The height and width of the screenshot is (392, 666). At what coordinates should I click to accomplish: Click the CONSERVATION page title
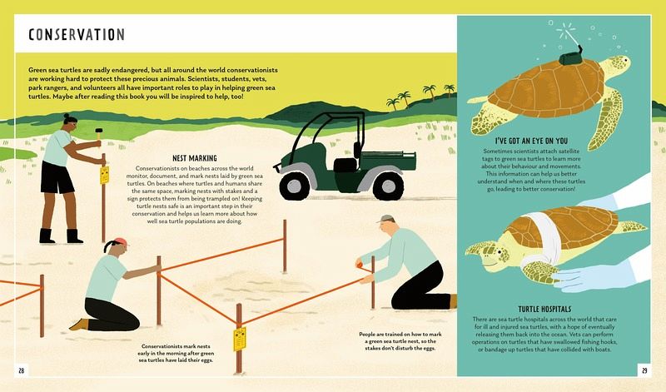pyautogui.click(x=77, y=34)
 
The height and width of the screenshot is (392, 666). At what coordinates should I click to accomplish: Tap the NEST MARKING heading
pyautogui.click(x=195, y=158)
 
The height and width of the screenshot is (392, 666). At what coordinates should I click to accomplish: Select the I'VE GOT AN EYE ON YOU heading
pyautogui.click(x=531, y=141)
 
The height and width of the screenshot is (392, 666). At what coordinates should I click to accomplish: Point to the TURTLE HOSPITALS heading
pyautogui.click(x=544, y=309)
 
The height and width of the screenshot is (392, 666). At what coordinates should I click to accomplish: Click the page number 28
pyautogui.click(x=22, y=370)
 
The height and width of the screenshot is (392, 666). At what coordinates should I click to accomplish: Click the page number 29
pyautogui.click(x=644, y=370)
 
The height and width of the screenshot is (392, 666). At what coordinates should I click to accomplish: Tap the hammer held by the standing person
pyautogui.click(x=99, y=133)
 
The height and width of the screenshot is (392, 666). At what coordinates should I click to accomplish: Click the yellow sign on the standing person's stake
pyautogui.click(x=105, y=176)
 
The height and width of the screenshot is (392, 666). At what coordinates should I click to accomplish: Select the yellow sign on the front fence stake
pyautogui.click(x=240, y=339)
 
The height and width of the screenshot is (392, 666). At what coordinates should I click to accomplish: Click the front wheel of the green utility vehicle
pyautogui.click(x=295, y=186)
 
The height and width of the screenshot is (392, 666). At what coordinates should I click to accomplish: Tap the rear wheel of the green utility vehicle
pyautogui.click(x=388, y=186)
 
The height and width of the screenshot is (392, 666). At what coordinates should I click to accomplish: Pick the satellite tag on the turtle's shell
pyautogui.click(x=570, y=57)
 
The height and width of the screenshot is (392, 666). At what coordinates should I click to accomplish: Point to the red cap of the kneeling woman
pyautogui.click(x=121, y=242)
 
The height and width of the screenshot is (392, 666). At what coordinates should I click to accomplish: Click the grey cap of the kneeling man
pyautogui.click(x=386, y=219)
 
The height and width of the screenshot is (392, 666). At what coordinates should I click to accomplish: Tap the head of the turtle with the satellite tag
pyautogui.click(x=617, y=64)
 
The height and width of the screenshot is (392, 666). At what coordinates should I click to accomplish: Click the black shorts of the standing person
pyautogui.click(x=57, y=177)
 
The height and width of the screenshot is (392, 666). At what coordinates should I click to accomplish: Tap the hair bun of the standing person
pyautogui.click(x=67, y=116)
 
